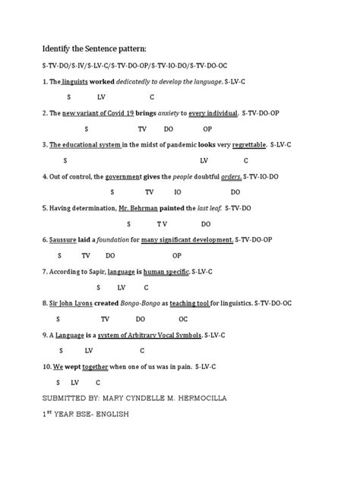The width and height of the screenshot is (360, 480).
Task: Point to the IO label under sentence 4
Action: click(x=177, y=192)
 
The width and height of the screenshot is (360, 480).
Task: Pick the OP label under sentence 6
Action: click(x=177, y=255)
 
